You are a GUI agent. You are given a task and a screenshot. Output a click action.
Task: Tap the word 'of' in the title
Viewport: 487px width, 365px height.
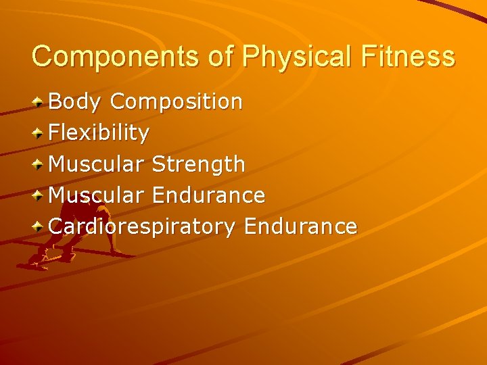221,56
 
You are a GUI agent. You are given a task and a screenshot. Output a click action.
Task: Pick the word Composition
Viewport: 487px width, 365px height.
177,102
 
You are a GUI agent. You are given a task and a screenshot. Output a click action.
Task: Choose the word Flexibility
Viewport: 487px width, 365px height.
99,133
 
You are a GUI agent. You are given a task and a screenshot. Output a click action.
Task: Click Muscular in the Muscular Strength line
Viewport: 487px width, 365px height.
97,164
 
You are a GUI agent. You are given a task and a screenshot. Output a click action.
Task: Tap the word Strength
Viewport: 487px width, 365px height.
199,164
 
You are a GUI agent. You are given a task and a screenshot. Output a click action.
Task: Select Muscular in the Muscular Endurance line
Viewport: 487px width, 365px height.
97,195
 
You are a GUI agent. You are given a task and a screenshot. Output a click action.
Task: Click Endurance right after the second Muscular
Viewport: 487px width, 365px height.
208,195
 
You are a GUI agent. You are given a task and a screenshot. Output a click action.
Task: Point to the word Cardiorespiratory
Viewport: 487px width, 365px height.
142,226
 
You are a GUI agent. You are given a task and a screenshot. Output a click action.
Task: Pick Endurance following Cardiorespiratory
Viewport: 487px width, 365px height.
300,226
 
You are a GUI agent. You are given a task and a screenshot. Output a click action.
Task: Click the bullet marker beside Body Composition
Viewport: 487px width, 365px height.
40,103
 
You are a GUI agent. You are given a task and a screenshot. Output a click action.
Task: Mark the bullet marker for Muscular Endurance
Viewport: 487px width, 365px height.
40,196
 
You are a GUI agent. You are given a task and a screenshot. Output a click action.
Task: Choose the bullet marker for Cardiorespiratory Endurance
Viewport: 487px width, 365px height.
40,227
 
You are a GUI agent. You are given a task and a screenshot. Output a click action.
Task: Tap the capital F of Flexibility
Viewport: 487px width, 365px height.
55,132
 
